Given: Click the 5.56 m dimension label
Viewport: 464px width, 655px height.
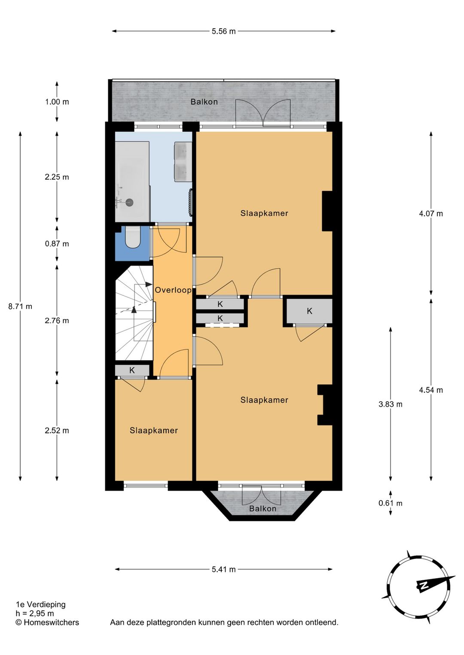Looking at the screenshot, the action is (x=224, y=31).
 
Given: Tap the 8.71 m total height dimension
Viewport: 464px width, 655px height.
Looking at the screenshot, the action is (x=20, y=306).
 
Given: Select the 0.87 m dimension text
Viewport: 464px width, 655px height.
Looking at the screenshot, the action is (x=57, y=243).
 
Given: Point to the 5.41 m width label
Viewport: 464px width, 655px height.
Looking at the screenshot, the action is (x=224, y=569).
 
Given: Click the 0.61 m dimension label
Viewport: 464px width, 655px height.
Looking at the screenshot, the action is (x=390, y=503).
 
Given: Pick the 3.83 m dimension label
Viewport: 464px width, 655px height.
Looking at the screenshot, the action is (x=390, y=404).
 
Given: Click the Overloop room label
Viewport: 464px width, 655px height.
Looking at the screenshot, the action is (x=173, y=290).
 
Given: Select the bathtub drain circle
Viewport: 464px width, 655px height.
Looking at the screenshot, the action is (x=129, y=201).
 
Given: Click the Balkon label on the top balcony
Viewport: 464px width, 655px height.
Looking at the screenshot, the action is (x=204, y=102).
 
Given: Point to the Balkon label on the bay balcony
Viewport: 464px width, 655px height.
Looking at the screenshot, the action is (x=263, y=509).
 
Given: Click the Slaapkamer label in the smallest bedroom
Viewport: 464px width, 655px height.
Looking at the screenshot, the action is (x=154, y=431).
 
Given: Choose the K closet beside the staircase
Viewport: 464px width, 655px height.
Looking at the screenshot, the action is (x=132, y=370).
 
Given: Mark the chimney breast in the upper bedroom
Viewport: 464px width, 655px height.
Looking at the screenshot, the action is (x=327, y=211).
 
